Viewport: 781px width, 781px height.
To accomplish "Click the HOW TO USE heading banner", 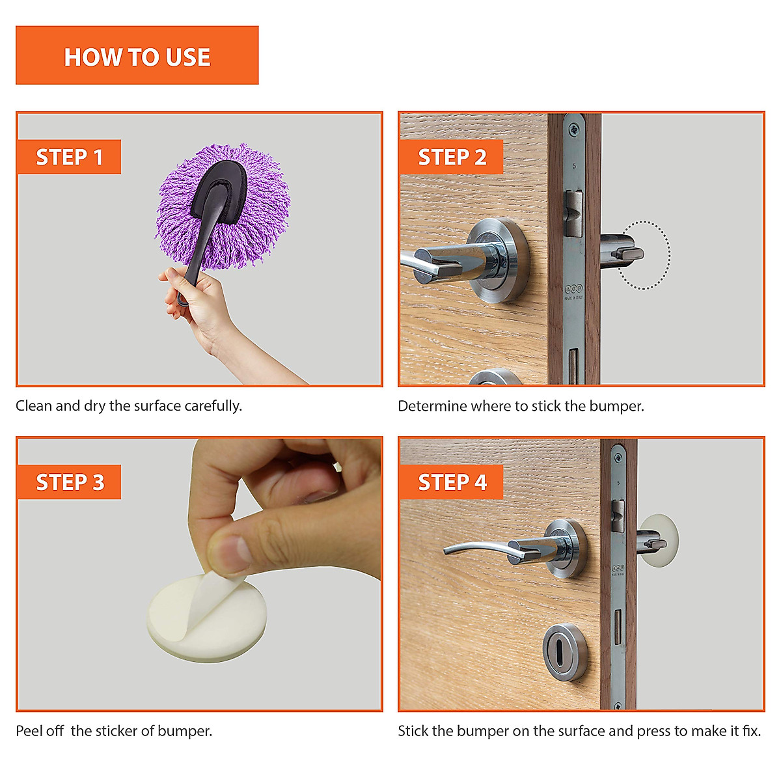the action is coord(137,55).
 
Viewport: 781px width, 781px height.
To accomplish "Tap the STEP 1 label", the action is coord(69,157).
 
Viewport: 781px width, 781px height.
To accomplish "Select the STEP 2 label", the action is coord(451,157).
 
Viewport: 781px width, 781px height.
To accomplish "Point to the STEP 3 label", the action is coord(69,482).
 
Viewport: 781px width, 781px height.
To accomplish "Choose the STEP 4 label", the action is coord(451,482).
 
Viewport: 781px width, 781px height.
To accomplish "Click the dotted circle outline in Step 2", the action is coord(669,255).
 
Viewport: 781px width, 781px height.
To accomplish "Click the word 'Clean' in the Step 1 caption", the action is coord(34,405).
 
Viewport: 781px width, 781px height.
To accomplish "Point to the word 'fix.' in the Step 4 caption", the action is coord(752,731).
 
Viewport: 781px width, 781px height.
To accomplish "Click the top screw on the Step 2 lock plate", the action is coord(573,130).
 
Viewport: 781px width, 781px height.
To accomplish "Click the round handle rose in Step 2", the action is coord(498,260).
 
